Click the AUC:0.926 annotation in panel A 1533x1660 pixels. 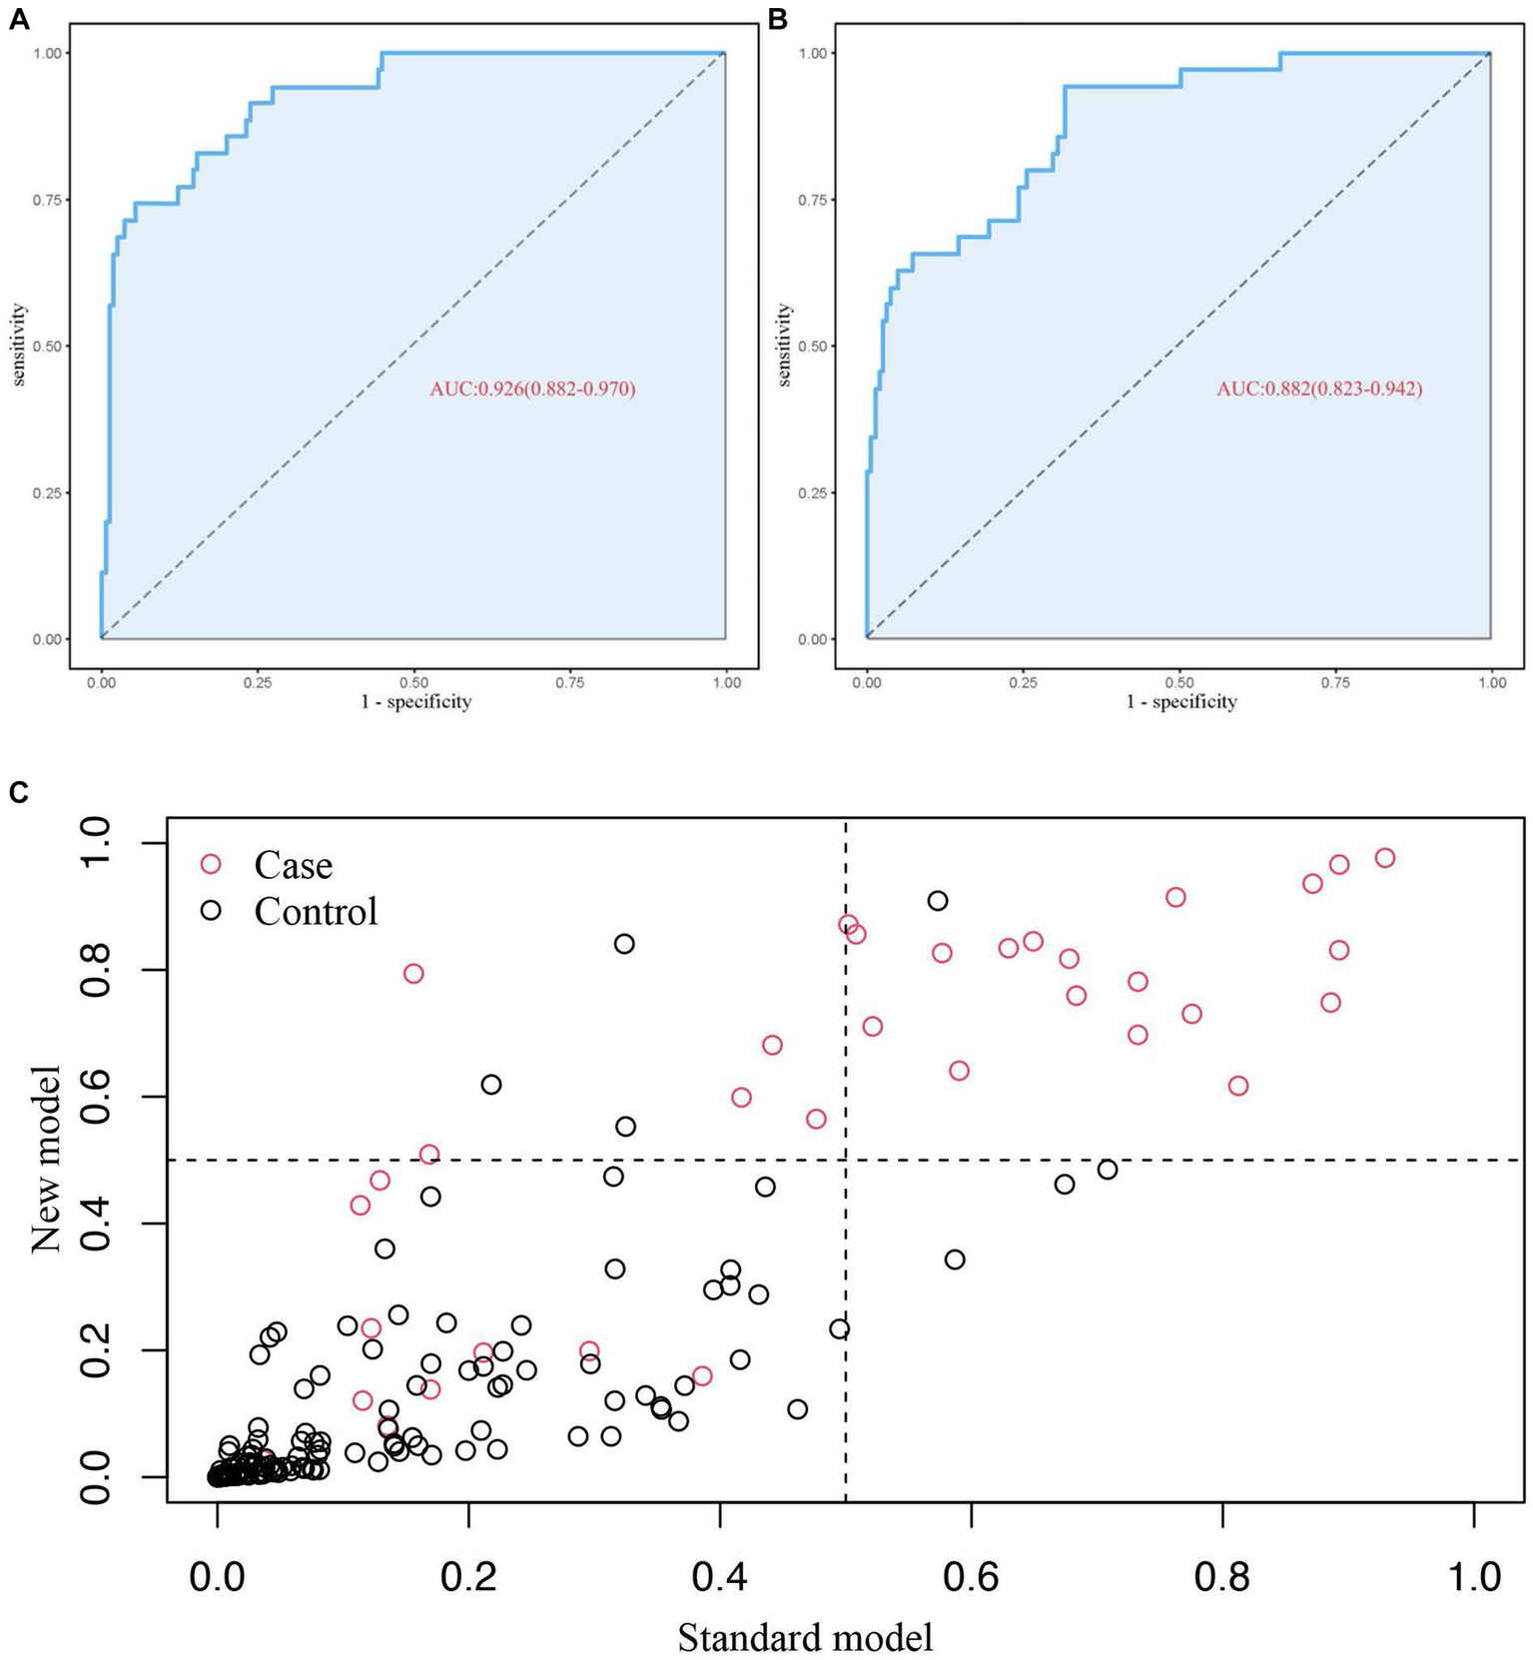tap(532, 389)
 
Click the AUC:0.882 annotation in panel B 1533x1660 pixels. tap(1318, 389)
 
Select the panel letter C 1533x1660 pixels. tap(17, 792)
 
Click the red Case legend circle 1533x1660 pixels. tap(210, 864)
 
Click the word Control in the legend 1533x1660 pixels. tap(316, 911)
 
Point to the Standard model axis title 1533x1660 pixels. tap(805, 1637)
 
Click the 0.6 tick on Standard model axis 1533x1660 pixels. tap(971, 1577)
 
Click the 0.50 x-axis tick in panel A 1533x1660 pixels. tap(413, 682)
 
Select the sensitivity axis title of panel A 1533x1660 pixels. tap(20, 346)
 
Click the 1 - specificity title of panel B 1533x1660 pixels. tap(1181, 702)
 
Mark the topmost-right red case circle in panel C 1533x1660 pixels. tap(1384, 858)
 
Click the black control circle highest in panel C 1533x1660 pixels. tap(937, 901)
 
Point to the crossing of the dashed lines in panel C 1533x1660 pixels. tap(846, 1160)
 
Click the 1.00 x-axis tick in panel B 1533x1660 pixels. tap(1492, 682)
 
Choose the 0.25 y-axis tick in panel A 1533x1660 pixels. tap(47, 492)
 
